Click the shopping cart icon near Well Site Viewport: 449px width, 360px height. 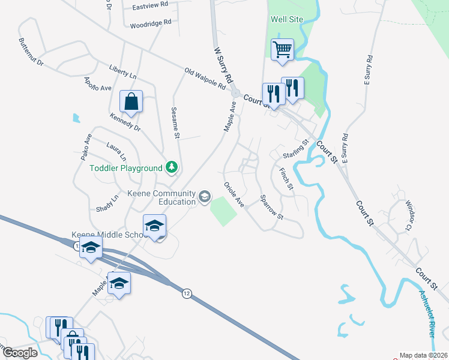282,50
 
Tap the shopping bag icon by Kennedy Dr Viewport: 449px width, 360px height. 131,102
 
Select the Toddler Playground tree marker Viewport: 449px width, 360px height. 172,168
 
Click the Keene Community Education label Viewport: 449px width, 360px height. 162,197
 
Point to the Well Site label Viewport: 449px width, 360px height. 287,19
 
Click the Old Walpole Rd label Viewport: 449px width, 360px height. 205,79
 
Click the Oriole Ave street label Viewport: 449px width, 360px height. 234,194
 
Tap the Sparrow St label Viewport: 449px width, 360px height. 271,206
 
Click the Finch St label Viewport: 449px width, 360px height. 286,179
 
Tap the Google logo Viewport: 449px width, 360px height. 19,353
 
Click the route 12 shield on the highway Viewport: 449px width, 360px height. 187,293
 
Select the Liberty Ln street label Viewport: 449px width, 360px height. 123,72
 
